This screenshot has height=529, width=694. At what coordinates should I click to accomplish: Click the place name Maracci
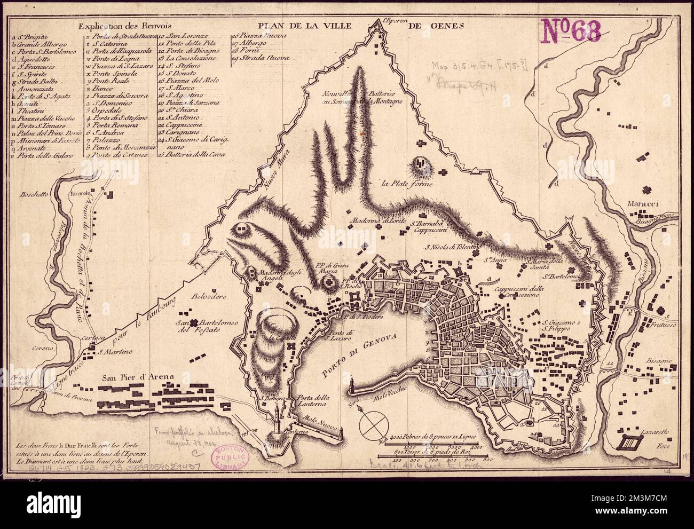click(644, 204)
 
